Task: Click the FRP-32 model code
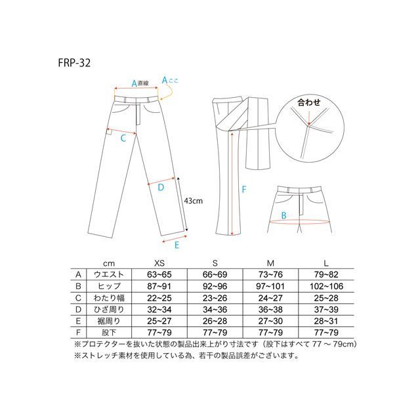point(74,63)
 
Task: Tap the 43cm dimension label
point(194,201)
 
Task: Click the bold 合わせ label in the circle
point(309,102)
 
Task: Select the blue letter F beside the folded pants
point(243,190)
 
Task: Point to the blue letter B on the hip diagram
point(283,215)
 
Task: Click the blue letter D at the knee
point(161,187)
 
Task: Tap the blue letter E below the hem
point(177,245)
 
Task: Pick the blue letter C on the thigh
point(123,138)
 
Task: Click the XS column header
point(159,263)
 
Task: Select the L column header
point(326,263)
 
